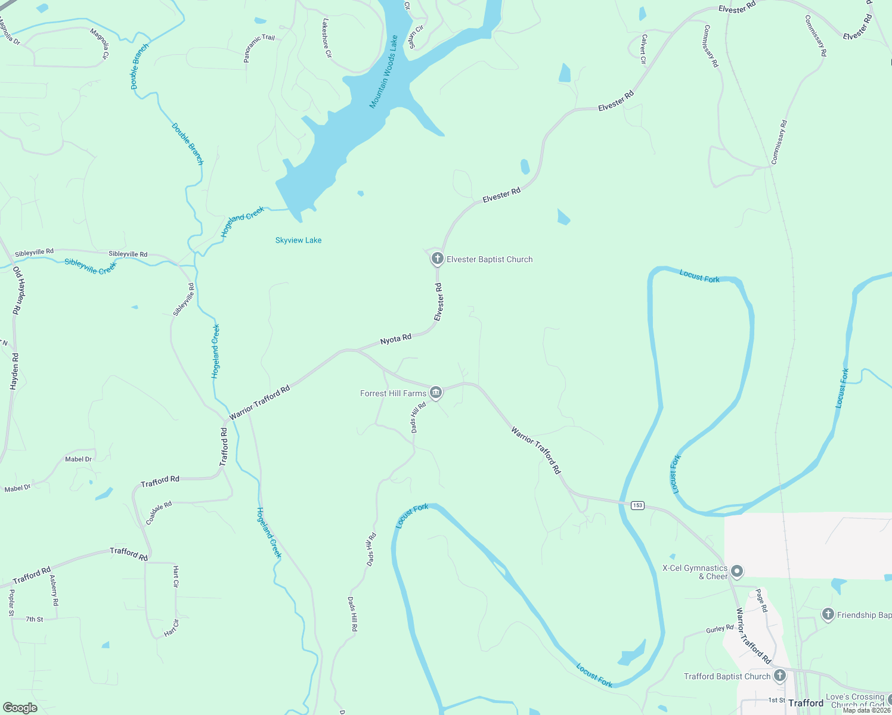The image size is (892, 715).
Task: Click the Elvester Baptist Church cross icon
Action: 438,259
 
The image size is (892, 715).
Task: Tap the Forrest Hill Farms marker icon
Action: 436,393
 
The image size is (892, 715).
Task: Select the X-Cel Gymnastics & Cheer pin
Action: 737,571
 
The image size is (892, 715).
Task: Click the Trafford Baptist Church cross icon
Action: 780,676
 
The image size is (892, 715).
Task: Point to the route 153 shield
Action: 637,505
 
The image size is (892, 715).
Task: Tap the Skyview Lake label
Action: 298,240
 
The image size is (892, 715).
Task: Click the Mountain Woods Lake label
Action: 383,72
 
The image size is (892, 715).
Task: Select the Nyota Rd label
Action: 396,339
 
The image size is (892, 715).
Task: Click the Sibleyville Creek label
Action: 91,266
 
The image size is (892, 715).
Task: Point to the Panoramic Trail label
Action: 259,48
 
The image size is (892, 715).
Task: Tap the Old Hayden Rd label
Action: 17,291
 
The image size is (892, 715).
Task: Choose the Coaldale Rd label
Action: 159,513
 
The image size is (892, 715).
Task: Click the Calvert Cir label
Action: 643,49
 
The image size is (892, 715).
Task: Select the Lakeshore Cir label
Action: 326,38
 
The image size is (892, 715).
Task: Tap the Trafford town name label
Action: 806,703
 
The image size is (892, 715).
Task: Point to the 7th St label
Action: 35,620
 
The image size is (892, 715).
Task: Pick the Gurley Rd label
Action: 720,629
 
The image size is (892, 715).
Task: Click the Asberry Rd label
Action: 54,590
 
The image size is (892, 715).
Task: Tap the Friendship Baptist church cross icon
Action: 828,614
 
